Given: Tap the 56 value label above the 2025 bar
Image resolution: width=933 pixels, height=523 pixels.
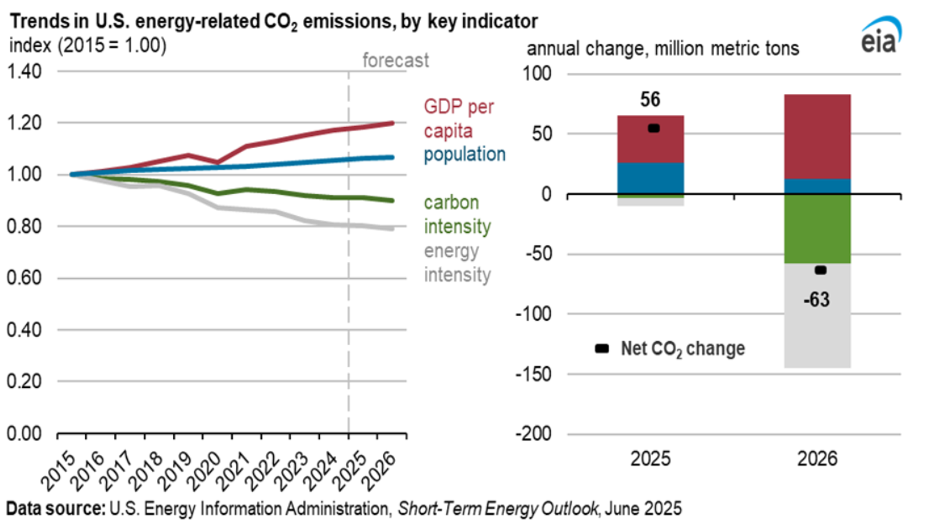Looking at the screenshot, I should point(650,99).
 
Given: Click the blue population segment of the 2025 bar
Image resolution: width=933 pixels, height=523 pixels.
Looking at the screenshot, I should point(650,178).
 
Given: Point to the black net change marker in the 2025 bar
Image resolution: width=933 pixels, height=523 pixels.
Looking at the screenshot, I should point(653,128).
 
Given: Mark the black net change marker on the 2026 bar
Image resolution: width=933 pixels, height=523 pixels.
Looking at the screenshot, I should point(820,270).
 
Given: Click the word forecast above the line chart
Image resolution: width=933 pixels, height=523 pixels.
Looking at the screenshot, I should point(396,60).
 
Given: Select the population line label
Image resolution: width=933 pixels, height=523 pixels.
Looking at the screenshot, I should point(464,154).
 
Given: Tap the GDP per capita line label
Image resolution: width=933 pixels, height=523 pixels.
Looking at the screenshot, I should point(458,119).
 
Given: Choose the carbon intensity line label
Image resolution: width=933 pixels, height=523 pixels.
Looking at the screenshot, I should point(457,214).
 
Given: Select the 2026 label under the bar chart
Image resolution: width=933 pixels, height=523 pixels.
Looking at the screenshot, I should point(817,459).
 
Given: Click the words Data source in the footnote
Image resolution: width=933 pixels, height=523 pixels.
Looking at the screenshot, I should point(55,508).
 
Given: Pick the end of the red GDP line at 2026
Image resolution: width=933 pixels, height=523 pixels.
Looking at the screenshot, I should point(392,123).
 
